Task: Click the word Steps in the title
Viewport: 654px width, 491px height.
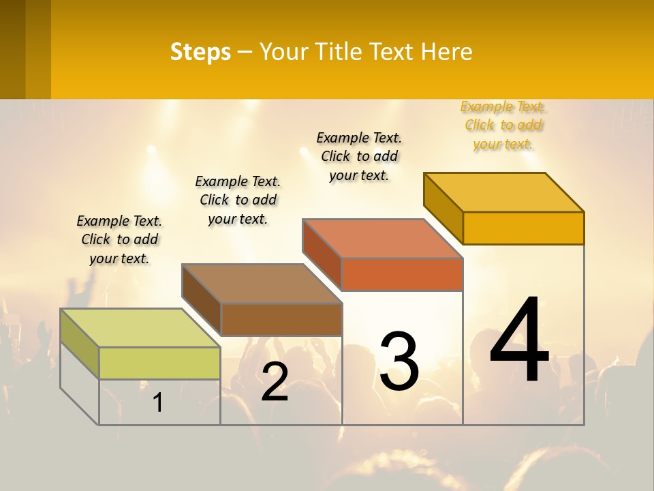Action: point(200,52)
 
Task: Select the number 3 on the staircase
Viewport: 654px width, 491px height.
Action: point(399,361)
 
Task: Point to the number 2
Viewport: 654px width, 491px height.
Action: point(275,382)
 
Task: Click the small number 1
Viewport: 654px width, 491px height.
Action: point(158,402)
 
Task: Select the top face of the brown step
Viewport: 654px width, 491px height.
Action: point(262,283)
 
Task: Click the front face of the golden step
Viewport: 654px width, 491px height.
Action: point(523,228)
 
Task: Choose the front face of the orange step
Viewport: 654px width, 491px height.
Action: point(402,274)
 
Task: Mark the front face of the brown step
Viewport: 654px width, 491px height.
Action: point(281,319)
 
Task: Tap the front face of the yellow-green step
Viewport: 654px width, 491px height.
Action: point(159,363)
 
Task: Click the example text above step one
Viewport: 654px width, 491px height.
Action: point(119,239)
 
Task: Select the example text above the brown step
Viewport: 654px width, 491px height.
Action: point(238,200)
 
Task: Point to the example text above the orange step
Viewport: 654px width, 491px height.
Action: point(359,156)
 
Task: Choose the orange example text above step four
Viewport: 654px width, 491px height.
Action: point(503,125)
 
